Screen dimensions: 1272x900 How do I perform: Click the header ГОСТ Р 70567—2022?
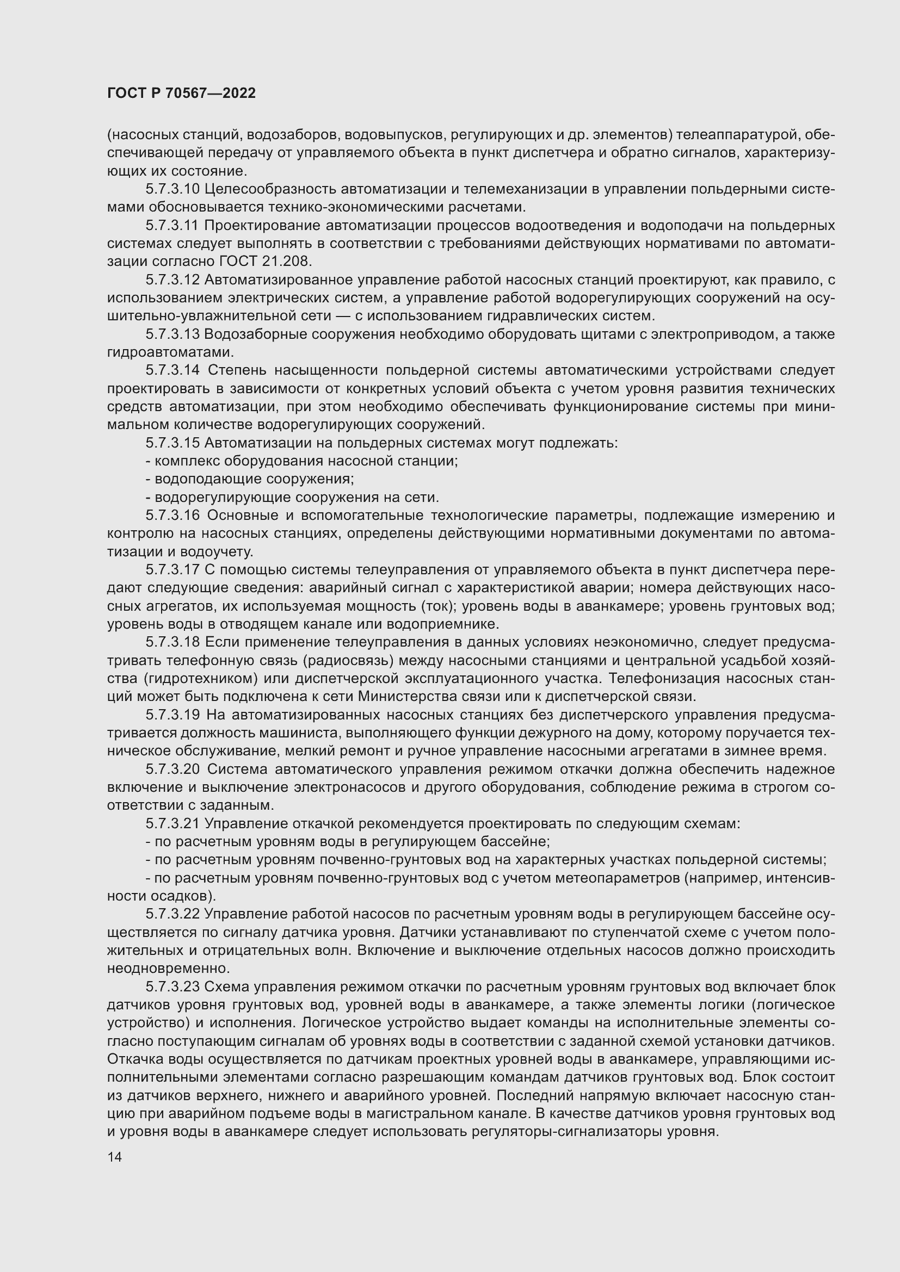click(181, 93)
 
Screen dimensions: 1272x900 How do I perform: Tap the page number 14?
click(115, 1157)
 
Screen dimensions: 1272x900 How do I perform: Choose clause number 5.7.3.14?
click(173, 370)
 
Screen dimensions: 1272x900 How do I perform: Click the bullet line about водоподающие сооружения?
click(250, 479)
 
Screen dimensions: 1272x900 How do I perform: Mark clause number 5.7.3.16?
click(173, 515)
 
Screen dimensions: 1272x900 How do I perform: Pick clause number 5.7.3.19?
click(173, 715)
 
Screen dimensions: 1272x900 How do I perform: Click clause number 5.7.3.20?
click(173, 769)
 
